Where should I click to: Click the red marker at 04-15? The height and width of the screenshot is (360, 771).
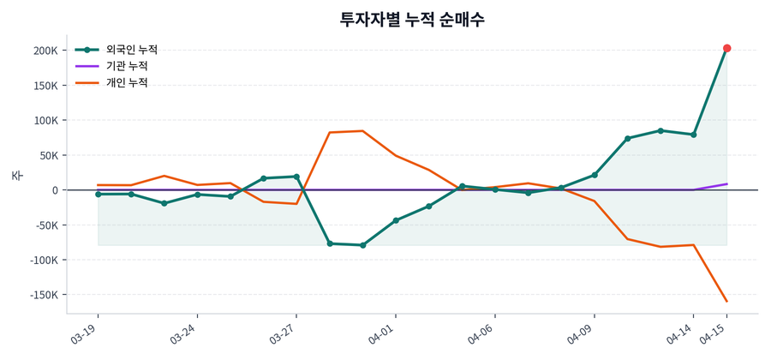click(x=726, y=48)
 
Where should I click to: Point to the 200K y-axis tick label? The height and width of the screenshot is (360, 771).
click(x=41, y=51)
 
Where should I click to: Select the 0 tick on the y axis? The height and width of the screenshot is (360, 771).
click(x=53, y=190)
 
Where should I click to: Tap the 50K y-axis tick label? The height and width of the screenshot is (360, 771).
click(x=45, y=155)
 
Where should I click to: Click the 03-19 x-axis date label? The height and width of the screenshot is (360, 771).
click(x=85, y=333)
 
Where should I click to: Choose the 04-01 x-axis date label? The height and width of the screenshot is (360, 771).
click(x=382, y=333)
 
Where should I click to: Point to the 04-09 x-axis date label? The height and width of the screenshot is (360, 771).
click(x=581, y=333)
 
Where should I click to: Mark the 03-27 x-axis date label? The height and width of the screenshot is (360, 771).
click(x=283, y=333)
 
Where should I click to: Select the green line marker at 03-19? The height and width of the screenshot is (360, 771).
click(x=99, y=195)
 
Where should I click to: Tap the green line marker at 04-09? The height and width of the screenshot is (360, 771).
click(x=595, y=175)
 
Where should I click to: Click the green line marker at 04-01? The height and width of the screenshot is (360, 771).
click(x=396, y=220)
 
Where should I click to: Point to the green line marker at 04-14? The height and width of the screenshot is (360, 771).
click(x=694, y=135)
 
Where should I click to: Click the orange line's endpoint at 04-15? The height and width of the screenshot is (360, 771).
click(x=726, y=301)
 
